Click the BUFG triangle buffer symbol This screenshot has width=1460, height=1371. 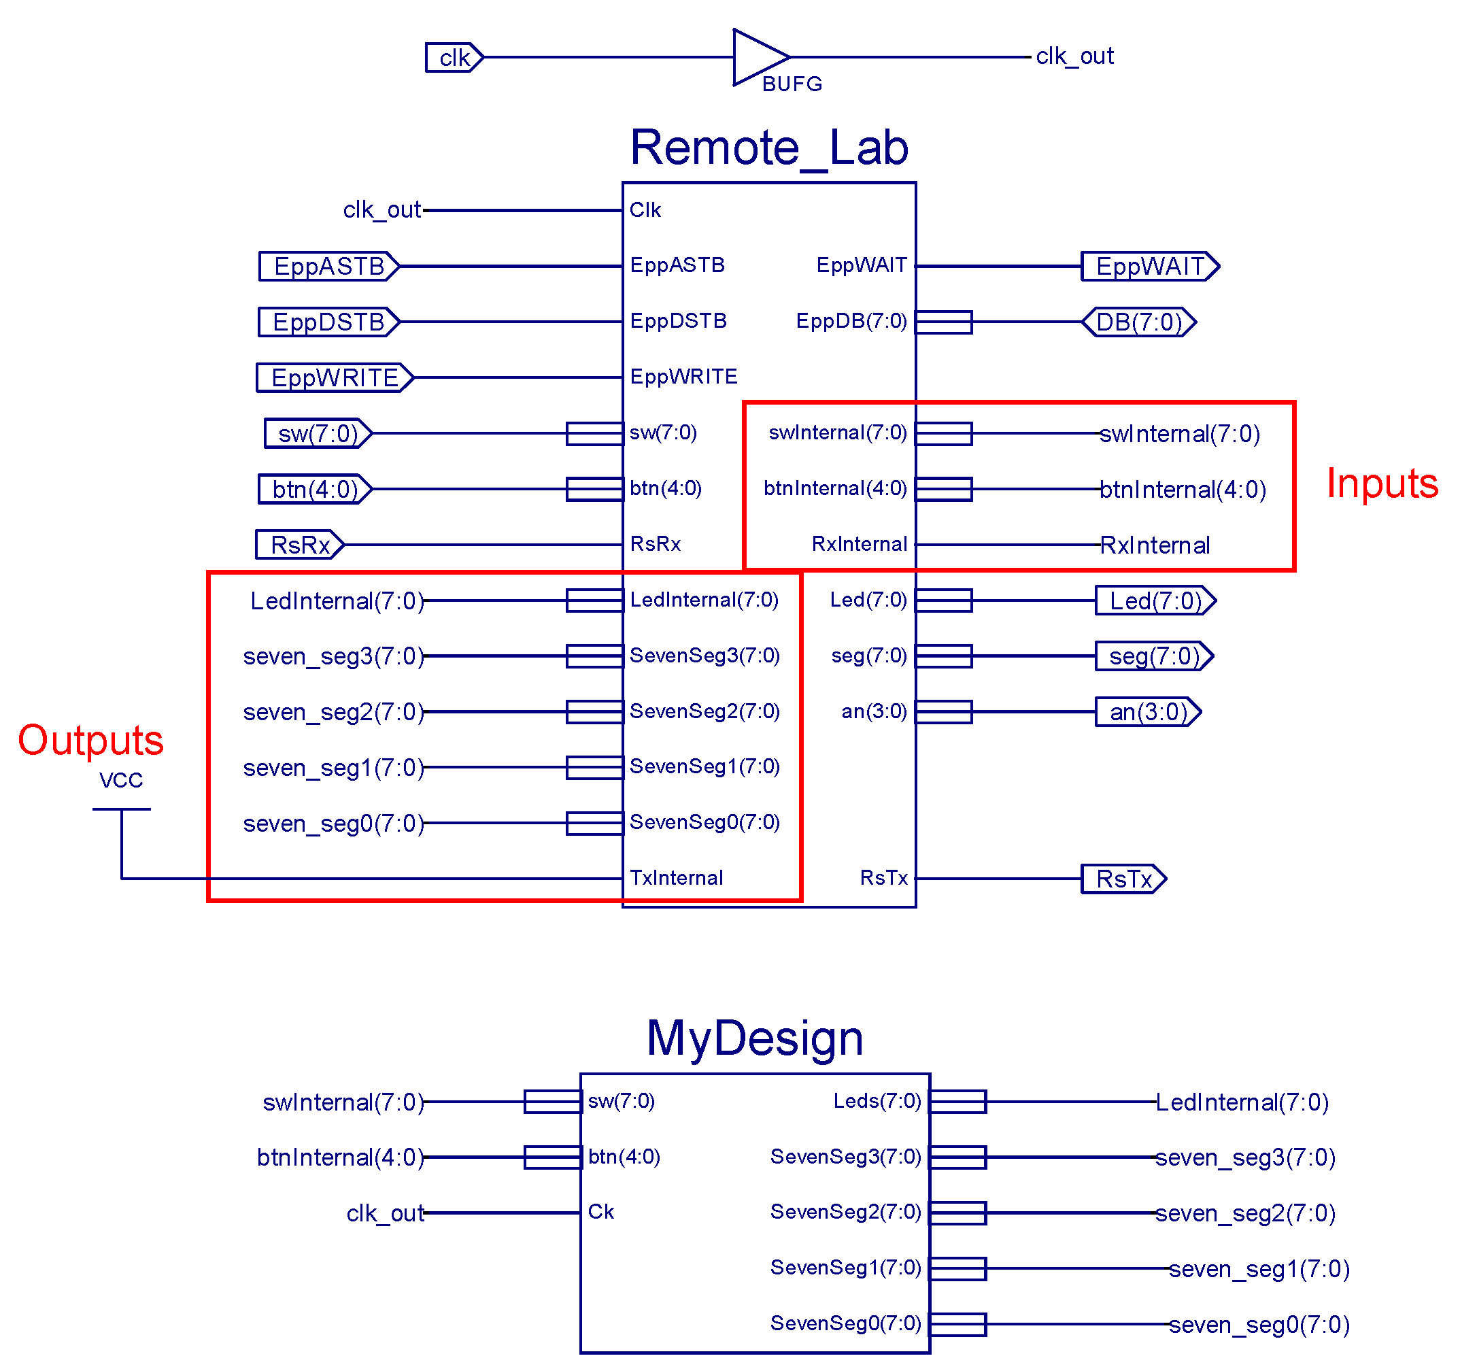pos(756,57)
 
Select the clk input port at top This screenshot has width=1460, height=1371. pos(453,57)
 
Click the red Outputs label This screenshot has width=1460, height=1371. pos(90,739)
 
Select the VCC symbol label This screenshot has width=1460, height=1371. pos(121,780)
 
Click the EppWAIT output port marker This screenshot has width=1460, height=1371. pos(1149,266)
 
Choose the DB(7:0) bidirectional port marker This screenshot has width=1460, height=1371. pos(1138,322)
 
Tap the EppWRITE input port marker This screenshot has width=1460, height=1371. pos(334,377)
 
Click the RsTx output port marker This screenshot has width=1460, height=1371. pos(1123,878)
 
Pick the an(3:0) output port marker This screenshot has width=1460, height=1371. pos(1147,711)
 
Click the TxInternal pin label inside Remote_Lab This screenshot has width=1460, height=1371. pos(676,877)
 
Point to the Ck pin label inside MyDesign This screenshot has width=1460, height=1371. pos(600,1212)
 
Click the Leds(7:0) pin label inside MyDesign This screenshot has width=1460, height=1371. pos(876,1101)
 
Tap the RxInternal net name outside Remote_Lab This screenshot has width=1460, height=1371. pos(1154,545)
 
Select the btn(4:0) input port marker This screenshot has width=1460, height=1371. pos(314,489)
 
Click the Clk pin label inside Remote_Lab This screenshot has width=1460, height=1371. pos(644,210)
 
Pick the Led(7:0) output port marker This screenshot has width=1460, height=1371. pos(1155,600)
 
